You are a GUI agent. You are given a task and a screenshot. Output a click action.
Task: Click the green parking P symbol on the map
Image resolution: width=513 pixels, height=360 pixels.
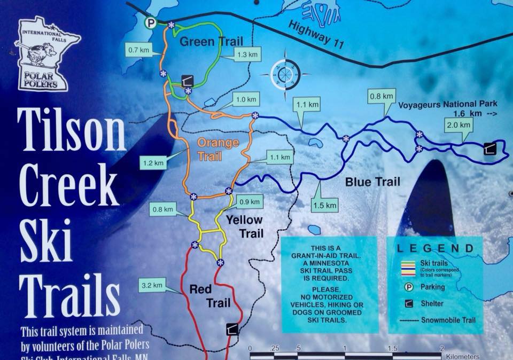click(151, 22)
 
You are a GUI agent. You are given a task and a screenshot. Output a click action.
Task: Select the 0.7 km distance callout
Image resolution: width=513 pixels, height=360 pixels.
click(138, 51)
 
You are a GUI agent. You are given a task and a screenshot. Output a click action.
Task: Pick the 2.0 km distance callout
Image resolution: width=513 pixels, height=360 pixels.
click(459, 125)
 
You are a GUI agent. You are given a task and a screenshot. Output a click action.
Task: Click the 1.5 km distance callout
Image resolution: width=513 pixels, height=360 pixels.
click(325, 205)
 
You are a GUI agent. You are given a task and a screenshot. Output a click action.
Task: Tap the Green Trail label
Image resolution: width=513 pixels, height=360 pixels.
click(211, 42)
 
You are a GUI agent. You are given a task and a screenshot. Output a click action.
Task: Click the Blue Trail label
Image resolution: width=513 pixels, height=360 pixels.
click(372, 182)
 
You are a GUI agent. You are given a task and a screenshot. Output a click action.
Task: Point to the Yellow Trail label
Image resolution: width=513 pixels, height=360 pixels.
click(244, 226)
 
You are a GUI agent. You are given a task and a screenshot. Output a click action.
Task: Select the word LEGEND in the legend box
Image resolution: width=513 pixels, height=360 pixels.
click(435, 248)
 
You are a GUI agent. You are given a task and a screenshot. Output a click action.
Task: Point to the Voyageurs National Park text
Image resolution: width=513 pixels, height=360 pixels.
click(448, 104)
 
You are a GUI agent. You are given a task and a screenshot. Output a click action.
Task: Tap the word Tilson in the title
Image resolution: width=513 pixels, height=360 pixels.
click(71, 131)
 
